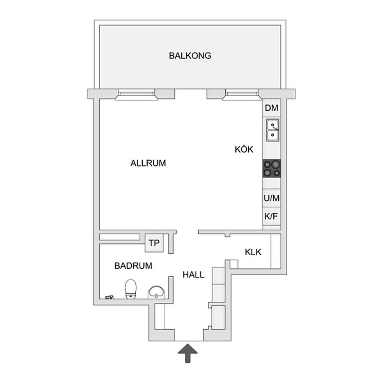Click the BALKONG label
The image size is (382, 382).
pyautogui.click(x=190, y=56)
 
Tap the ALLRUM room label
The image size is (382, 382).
pyautogui.click(x=148, y=163)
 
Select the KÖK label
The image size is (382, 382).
pyautogui.click(x=244, y=149)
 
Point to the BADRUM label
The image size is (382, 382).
pyautogui.click(x=133, y=266)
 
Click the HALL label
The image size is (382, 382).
pyautogui.click(x=193, y=275)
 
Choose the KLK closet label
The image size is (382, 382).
pyautogui.click(x=253, y=252)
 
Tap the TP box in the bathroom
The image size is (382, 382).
pyautogui.click(x=154, y=243)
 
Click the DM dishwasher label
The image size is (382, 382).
pyautogui.click(x=271, y=108)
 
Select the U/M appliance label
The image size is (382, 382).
pyautogui.click(x=271, y=198)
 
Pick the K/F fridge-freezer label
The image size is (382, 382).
pyautogui.click(x=271, y=216)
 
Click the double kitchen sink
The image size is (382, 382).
pyautogui.click(x=272, y=130)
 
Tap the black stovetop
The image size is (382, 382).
pyautogui.click(x=272, y=168)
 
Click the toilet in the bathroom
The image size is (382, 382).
pyautogui.click(x=131, y=289)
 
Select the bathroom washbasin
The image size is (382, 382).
pyautogui.click(x=156, y=292)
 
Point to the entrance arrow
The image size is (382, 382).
pyautogui.click(x=187, y=353)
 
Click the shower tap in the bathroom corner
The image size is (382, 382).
pyautogui.click(x=110, y=297)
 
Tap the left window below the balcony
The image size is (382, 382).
pyautogui.click(x=136, y=94)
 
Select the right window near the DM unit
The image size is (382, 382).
pyautogui.click(x=242, y=94)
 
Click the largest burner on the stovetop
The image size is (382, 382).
pyautogui.click(x=276, y=164)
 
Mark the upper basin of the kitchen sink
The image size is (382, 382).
pyautogui.click(x=272, y=125)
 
